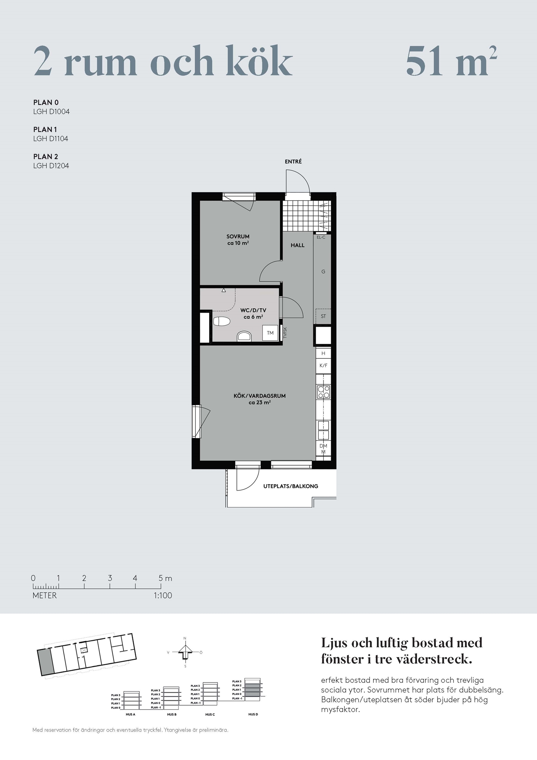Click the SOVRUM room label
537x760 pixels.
pyautogui.click(x=238, y=236)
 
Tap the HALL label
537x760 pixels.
pyautogui.click(x=298, y=245)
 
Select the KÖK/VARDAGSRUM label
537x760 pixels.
pyautogui.click(x=260, y=396)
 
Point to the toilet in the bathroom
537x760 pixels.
pyautogui.click(x=222, y=321)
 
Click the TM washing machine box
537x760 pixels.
pyautogui.click(x=270, y=333)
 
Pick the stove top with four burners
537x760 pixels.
pyautogui.click(x=324, y=392)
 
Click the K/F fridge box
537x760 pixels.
pyautogui.click(x=323, y=366)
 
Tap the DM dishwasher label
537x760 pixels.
pyautogui.click(x=323, y=446)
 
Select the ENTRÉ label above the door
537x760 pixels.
pyautogui.click(x=293, y=161)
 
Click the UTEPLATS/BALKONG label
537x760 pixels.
pyautogui.click(x=291, y=486)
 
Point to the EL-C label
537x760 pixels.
pyautogui.click(x=321, y=237)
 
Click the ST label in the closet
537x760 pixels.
pyautogui.click(x=323, y=316)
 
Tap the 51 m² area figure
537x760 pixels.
pyautogui.click(x=451, y=61)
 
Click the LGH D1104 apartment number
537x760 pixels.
pyautogui.click(x=51, y=139)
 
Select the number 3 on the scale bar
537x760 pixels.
pyautogui.click(x=110, y=578)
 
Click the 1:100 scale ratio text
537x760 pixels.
pyautogui.click(x=163, y=595)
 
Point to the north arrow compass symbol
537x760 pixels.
pyautogui.click(x=185, y=652)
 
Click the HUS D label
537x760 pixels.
pyautogui.click(x=253, y=714)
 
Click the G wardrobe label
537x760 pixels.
pyautogui.click(x=323, y=272)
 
